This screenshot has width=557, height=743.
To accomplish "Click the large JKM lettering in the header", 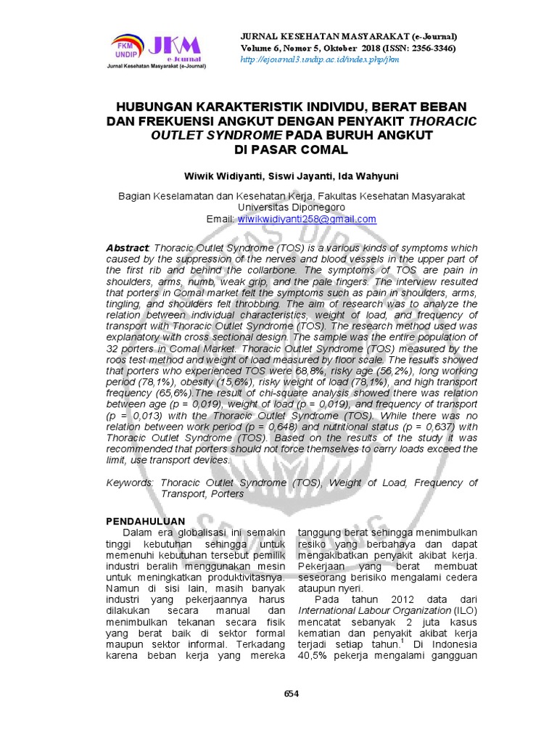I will point(173,45).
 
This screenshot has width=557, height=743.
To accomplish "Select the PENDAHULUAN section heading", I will point(146,521).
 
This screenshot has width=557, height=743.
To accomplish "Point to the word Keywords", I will point(130,483).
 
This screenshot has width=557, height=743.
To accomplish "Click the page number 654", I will point(291,693).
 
